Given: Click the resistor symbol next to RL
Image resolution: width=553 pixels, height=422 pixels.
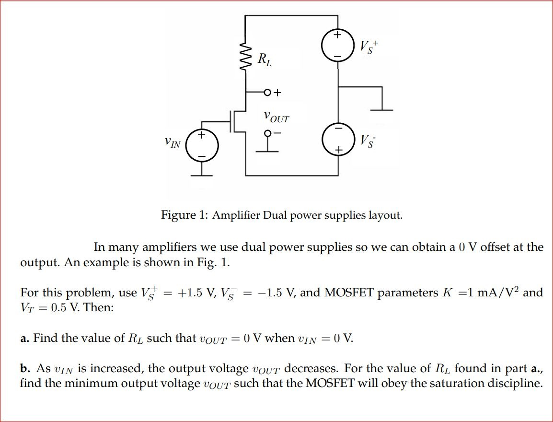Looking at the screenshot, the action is click(245, 58).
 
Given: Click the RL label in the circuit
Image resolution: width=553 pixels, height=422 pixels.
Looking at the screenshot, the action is click(264, 60).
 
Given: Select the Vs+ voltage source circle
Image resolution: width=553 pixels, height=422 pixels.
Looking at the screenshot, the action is click(338, 46).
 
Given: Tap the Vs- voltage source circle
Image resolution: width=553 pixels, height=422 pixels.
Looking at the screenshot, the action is click(338, 140).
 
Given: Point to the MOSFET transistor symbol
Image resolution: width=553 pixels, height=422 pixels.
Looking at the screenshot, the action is click(236, 121).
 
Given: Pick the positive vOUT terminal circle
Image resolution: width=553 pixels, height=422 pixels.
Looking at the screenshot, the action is click(267, 92).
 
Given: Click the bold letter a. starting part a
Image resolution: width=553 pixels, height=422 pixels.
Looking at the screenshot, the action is click(25, 339).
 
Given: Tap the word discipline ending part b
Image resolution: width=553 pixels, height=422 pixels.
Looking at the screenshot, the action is click(518, 384).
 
